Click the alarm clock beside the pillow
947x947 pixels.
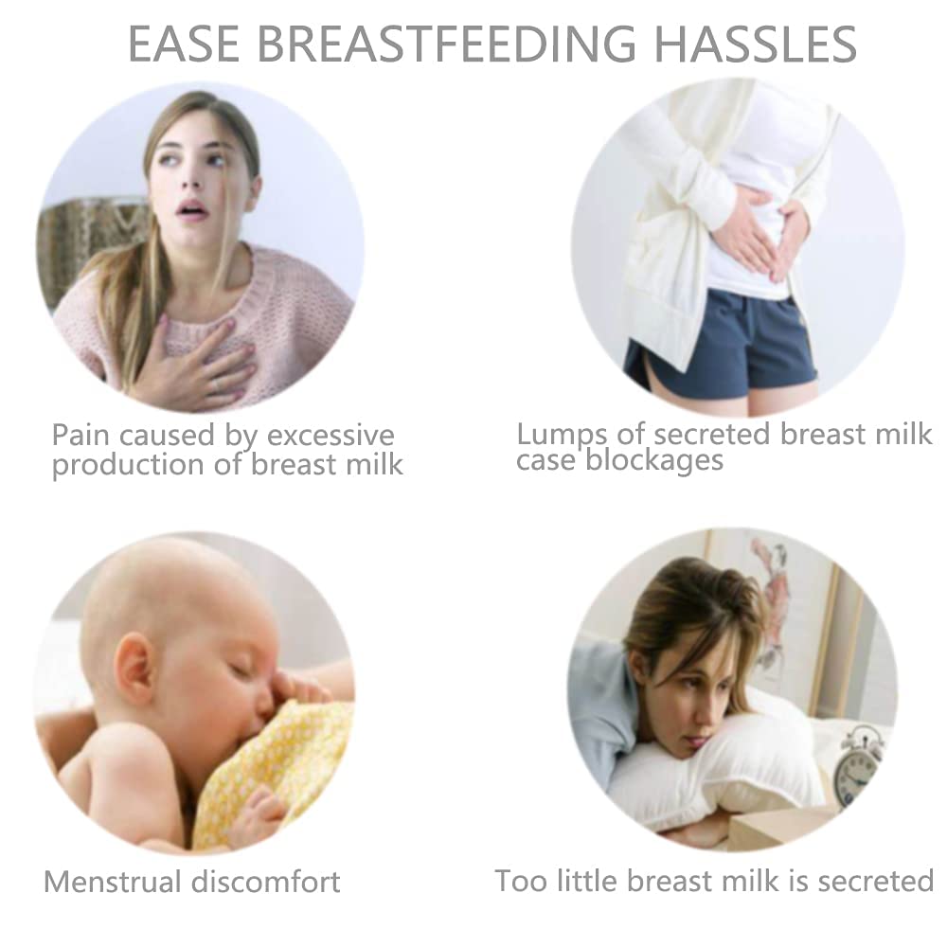click(858, 762)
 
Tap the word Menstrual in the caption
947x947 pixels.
click(114, 882)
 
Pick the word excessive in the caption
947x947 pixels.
click(329, 436)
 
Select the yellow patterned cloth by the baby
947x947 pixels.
click(275, 767)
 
